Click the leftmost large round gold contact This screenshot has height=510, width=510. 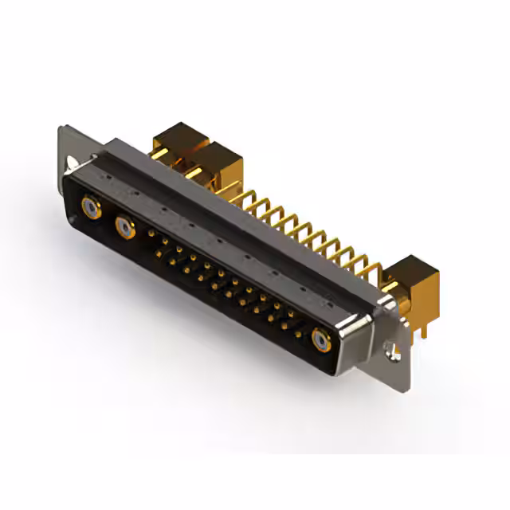point(92,209)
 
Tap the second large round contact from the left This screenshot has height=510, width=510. point(125,229)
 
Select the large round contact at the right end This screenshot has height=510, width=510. point(321,341)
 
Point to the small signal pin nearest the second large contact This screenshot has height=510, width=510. point(151,233)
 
